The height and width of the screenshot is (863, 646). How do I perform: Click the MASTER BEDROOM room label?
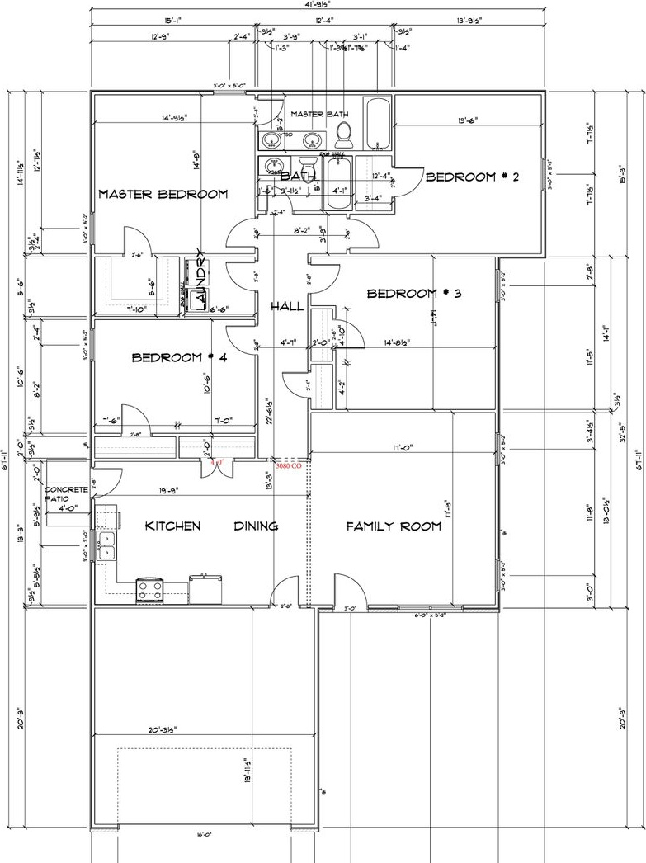click(x=163, y=195)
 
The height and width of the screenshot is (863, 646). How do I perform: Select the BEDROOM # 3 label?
click(x=413, y=294)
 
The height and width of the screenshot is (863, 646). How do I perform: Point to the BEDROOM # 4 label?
click(x=179, y=358)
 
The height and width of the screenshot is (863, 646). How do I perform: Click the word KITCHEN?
click(x=173, y=526)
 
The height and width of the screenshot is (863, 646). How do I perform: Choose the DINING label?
click(x=256, y=526)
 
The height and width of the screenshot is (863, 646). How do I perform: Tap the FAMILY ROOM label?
click(x=394, y=526)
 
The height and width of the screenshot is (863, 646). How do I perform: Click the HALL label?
click(x=287, y=307)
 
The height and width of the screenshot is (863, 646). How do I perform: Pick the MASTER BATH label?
click(x=318, y=115)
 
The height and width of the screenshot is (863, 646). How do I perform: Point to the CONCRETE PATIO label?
click(x=67, y=494)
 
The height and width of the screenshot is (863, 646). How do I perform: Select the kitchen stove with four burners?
click(x=150, y=589)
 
